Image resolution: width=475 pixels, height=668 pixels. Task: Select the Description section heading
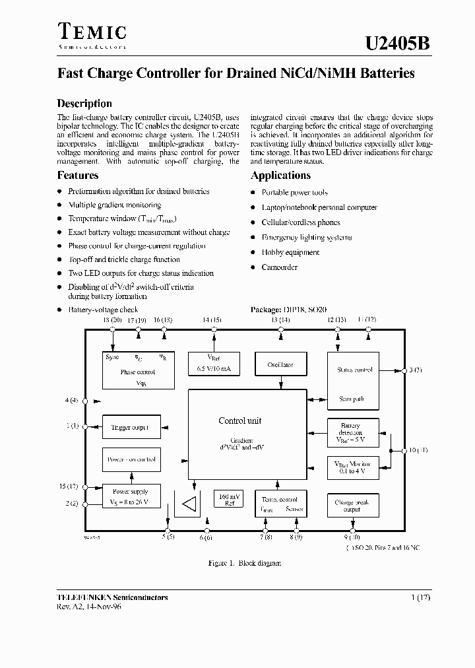[84, 104]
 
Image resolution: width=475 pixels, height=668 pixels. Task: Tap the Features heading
[78, 176]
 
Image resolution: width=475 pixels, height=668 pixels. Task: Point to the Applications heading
[280, 176]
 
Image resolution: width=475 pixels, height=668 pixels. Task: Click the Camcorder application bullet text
[279, 267]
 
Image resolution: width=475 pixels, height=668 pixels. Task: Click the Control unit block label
[239, 420]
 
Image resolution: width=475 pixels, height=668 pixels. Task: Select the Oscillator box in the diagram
[280, 365]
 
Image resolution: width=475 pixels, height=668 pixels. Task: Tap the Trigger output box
[129, 428]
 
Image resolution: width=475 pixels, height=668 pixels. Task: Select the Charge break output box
[353, 506]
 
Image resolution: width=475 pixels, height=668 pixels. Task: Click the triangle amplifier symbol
[189, 505]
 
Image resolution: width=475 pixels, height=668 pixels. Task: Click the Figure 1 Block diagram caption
[245, 563]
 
